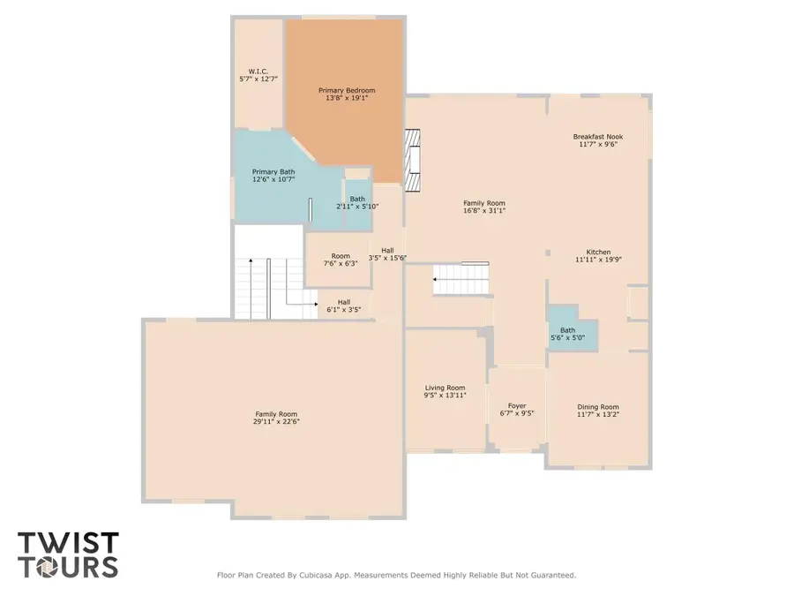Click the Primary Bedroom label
(x=347, y=90)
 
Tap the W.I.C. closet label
(x=258, y=71)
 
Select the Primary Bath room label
(x=273, y=172)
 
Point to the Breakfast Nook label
(x=598, y=137)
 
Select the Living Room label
(x=445, y=388)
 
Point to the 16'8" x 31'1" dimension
(x=484, y=211)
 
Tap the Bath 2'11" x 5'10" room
(x=357, y=203)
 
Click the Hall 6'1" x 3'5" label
(x=344, y=306)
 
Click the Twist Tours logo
(x=68, y=553)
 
